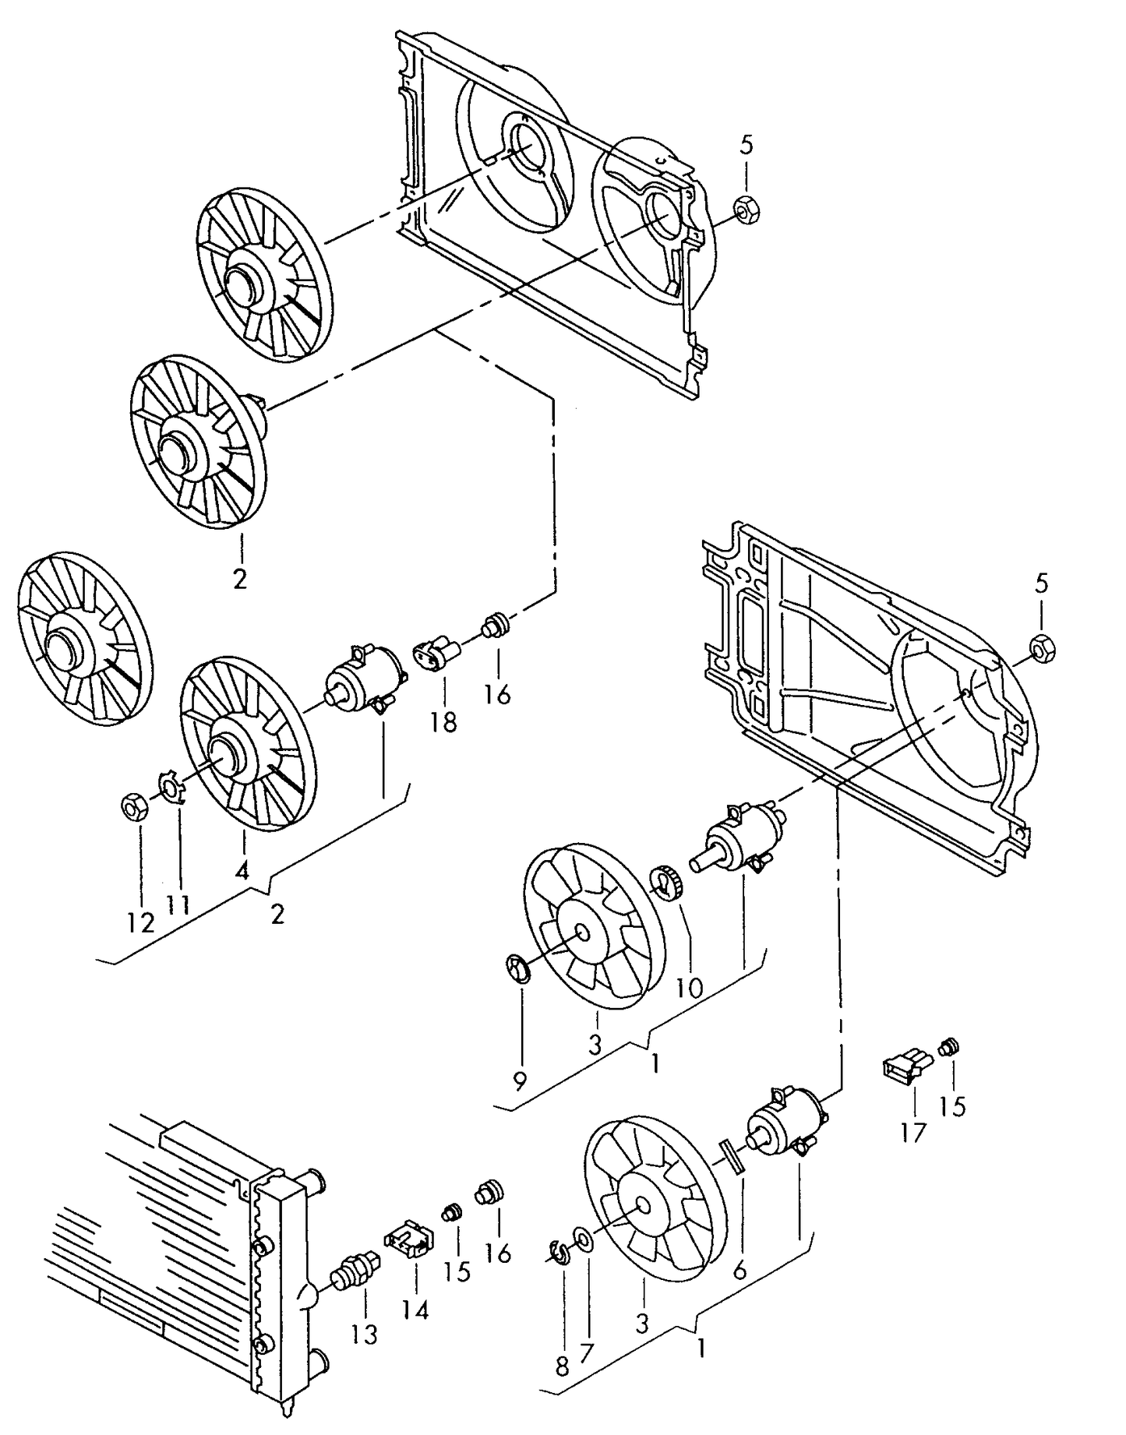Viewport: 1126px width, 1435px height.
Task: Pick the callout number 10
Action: pos(690,988)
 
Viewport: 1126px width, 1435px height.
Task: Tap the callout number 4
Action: pos(242,871)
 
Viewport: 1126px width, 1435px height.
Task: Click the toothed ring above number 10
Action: pos(667,883)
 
